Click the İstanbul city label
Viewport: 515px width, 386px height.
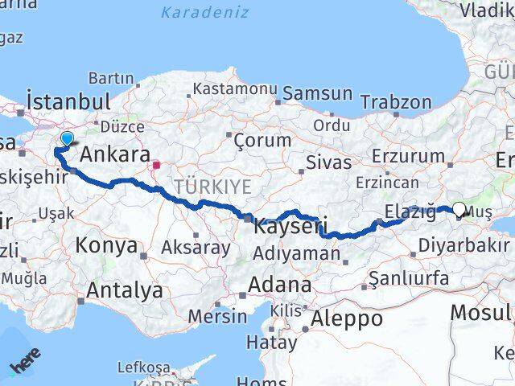pyautogui.click(x=68, y=102)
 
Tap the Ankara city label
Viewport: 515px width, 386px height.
pyautogui.click(x=116, y=154)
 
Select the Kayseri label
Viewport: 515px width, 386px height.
pyautogui.click(x=290, y=227)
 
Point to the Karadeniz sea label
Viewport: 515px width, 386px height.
pyautogui.click(x=204, y=12)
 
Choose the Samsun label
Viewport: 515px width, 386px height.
pyautogui.click(x=317, y=93)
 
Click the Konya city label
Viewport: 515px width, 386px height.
pyautogui.click(x=106, y=245)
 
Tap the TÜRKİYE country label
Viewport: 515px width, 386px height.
pyautogui.click(x=218, y=187)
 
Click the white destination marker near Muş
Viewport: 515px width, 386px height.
pyautogui.click(x=459, y=209)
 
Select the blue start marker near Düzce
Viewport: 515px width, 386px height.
pyautogui.click(x=67, y=139)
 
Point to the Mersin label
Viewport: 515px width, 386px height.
pyautogui.click(x=217, y=315)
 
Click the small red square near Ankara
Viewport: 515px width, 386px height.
pyautogui.click(x=156, y=166)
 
